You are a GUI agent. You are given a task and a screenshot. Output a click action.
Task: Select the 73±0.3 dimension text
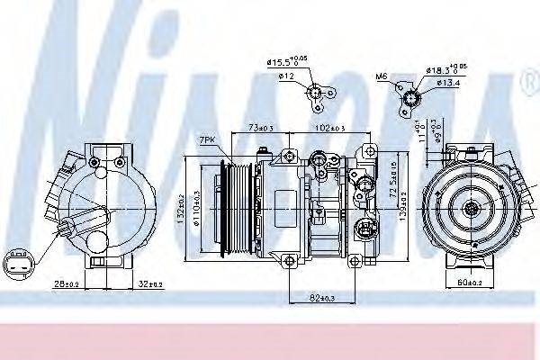pos(260,130)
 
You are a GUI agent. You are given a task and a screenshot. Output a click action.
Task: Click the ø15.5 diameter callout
pos(286,63)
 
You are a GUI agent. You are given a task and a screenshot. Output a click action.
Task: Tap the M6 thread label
pos(381,76)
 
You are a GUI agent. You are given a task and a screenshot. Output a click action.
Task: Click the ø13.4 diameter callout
pos(448,85)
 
